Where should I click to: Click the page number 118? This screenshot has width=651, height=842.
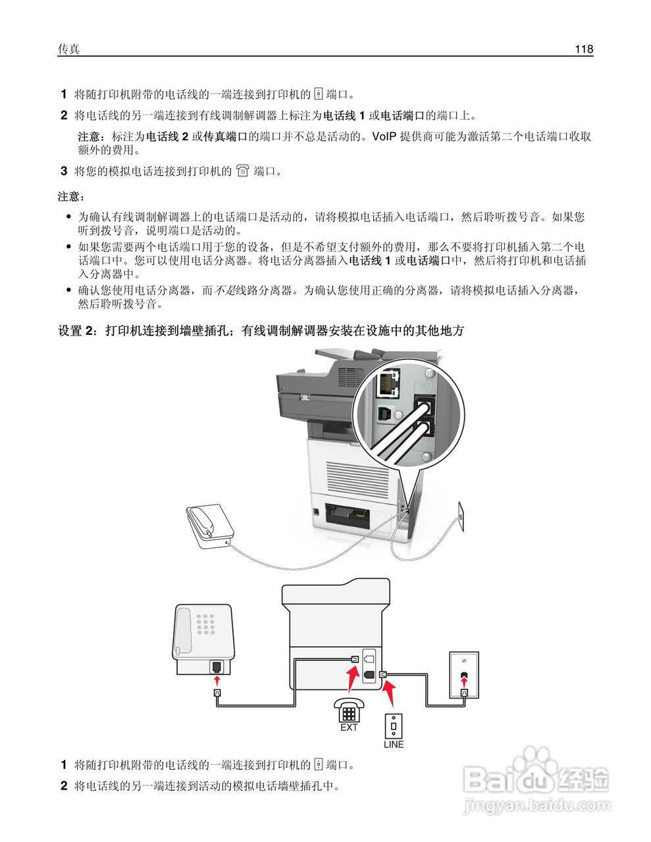click(x=583, y=49)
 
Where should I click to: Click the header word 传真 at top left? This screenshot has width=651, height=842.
click(x=68, y=49)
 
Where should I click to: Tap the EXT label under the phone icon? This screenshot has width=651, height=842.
click(x=349, y=728)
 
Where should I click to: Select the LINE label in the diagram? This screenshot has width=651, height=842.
click(x=394, y=745)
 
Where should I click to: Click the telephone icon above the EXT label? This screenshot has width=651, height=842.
click(x=348, y=710)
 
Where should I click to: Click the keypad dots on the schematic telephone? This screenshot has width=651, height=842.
click(x=207, y=625)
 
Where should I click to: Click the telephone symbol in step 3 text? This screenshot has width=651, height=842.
click(x=243, y=171)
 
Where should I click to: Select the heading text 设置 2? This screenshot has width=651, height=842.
click(x=78, y=331)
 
